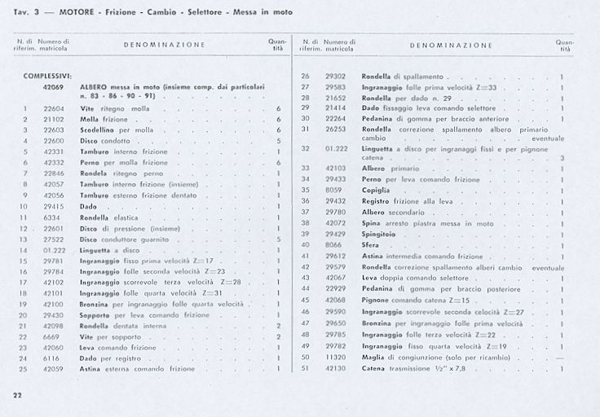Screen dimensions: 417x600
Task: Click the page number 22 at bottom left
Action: tap(17, 395)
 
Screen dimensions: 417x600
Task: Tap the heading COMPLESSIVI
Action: tap(48, 75)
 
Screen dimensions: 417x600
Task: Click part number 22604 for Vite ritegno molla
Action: tap(54, 108)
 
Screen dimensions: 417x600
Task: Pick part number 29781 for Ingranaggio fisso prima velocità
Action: tap(54, 261)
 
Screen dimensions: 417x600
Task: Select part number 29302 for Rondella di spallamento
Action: tap(335, 76)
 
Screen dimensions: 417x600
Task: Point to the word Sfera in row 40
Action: tap(371, 244)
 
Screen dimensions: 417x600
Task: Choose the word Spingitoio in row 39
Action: tap(378, 234)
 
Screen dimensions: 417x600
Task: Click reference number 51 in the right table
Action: tap(305, 367)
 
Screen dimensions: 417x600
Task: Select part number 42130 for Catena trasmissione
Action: tap(335, 367)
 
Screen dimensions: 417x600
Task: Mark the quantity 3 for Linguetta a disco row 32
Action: tap(562, 157)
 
